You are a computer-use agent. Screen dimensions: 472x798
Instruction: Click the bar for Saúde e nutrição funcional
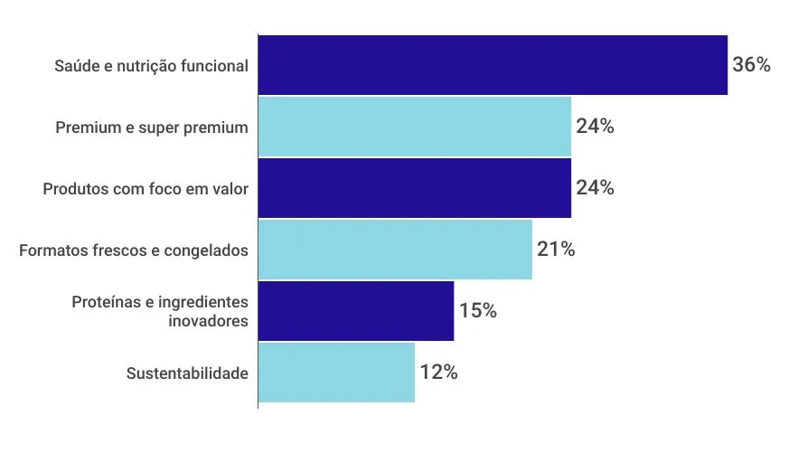point(493,65)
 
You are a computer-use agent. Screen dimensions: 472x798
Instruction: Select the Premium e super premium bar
point(415,127)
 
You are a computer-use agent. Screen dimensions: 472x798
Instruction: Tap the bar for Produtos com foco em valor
point(415,188)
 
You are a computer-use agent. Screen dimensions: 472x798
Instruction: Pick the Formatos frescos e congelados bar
point(395,250)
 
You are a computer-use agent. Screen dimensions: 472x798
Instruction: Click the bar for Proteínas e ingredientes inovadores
point(356,311)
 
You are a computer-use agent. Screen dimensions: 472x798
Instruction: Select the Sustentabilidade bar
point(336,373)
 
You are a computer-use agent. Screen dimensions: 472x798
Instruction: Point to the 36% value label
point(751,65)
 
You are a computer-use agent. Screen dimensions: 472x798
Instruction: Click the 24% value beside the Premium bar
point(595,127)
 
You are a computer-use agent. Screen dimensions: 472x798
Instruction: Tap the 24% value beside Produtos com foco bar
point(595,188)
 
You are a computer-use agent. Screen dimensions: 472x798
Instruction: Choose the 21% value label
point(556,250)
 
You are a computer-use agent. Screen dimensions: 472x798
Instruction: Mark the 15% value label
point(477,311)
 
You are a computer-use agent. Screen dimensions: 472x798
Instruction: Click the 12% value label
point(438,373)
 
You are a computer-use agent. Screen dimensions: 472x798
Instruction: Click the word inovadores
point(208,320)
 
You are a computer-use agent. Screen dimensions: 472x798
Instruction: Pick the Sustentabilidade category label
point(187,373)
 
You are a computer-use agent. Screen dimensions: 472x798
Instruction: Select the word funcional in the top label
point(217,66)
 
